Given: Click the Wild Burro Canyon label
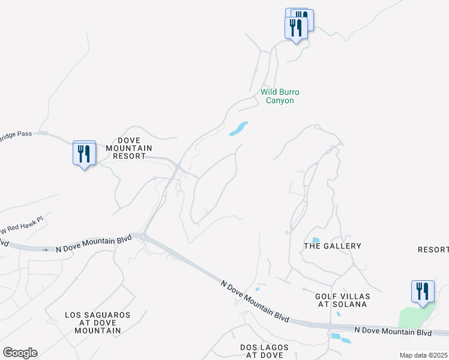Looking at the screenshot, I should click(280, 96).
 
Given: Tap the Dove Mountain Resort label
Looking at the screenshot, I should click(128, 148).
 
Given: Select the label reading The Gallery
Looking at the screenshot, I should click(333, 246).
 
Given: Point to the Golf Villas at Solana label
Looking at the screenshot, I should click(343, 301).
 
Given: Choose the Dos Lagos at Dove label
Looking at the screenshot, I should click(261, 351).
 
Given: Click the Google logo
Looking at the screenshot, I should click(20, 353).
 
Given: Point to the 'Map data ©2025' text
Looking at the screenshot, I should click(423, 355).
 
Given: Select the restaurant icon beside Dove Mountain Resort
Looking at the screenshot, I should click(84, 154).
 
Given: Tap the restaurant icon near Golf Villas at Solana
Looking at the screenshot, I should click(423, 292).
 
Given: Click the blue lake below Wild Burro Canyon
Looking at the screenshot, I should click(238, 128).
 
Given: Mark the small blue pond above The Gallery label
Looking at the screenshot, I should click(316, 240).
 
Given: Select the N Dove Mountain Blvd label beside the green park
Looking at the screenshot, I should click(393, 331).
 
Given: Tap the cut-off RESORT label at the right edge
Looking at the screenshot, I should click(433, 250).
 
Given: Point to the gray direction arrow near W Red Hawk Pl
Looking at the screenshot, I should click(44, 249).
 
